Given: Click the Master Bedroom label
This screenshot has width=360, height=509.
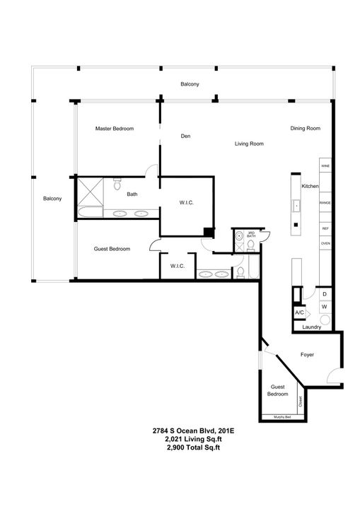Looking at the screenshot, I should pyautogui.click(x=115, y=129).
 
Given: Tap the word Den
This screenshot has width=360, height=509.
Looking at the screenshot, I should pyautogui.click(x=186, y=136).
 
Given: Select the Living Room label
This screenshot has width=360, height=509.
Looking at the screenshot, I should pyautogui.click(x=249, y=144).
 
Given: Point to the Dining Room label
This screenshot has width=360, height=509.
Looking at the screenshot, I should pyautogui.click(x=305, y=129).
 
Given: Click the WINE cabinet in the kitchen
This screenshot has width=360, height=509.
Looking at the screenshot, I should pyautogui.click(x=325, y=167).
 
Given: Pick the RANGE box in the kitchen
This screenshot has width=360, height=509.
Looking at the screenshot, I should pyautogui.click(x=325, y=204).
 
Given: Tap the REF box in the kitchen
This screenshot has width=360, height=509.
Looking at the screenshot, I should pyautogui.click(x=325, y=229).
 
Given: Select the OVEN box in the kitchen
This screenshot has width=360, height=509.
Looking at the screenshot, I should pyautogui.click(x=325, y=244).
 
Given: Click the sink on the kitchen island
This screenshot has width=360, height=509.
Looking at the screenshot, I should pyautogui.click(x=297, y=206).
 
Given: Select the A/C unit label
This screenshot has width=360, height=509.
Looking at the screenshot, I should pyautogui.click(x=298, y=312).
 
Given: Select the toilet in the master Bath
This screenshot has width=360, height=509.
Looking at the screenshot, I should pyautogui.click(x=117, y=185).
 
